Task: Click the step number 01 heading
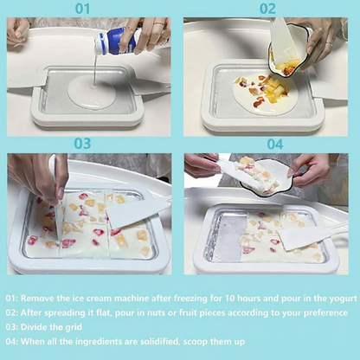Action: click(82, 10)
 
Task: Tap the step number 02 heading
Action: click(267, 10)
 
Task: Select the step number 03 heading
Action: click(82, 144)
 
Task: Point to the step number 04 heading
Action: click(273, 144)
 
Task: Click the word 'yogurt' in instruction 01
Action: click(339, 297)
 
